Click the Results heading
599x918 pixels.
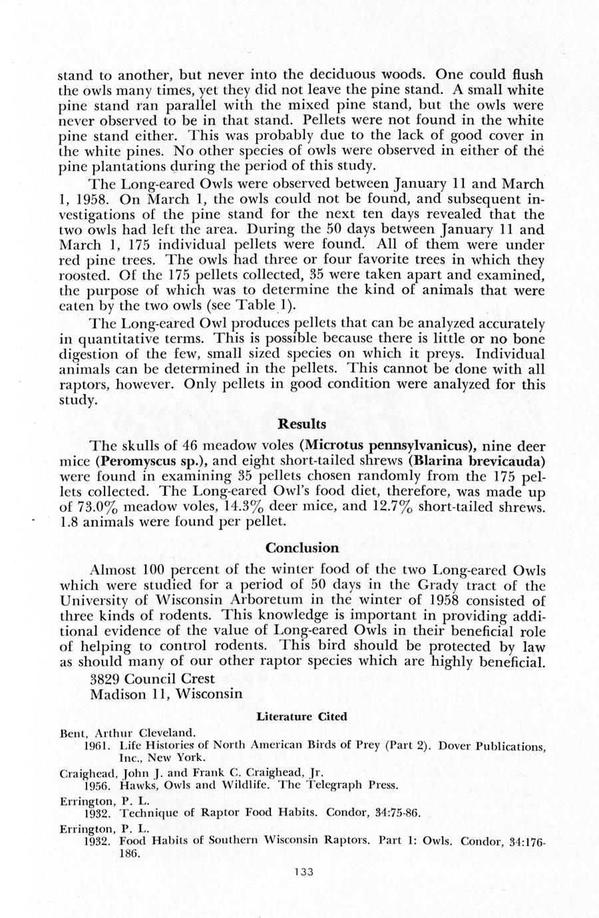click(x=301, y=424)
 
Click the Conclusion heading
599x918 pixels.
click(x=302, y=548)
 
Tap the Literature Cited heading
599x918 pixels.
click(x=301, y=716)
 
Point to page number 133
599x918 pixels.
click(x=303, y=872)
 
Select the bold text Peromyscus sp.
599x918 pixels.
click(x=136, y=460)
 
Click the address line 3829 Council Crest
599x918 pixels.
click(x=152, y=679)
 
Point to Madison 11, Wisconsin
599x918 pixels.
click(x=166, y=694)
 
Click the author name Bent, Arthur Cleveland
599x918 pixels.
click(x=118, y=734)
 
